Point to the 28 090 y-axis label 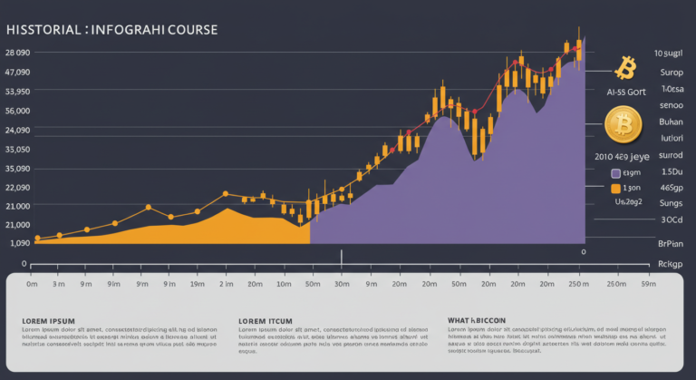18,53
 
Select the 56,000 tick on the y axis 18,111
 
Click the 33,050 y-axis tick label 18,150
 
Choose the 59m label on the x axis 648,285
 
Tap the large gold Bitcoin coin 623,123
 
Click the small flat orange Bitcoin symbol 624,67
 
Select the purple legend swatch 616,172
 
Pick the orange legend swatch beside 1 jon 616,189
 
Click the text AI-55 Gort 625,92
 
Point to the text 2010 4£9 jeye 628,156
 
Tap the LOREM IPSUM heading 48,320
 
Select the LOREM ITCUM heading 265,320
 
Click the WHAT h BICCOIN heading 478,320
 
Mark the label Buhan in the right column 671,122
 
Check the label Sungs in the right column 672,205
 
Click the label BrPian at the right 670,243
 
